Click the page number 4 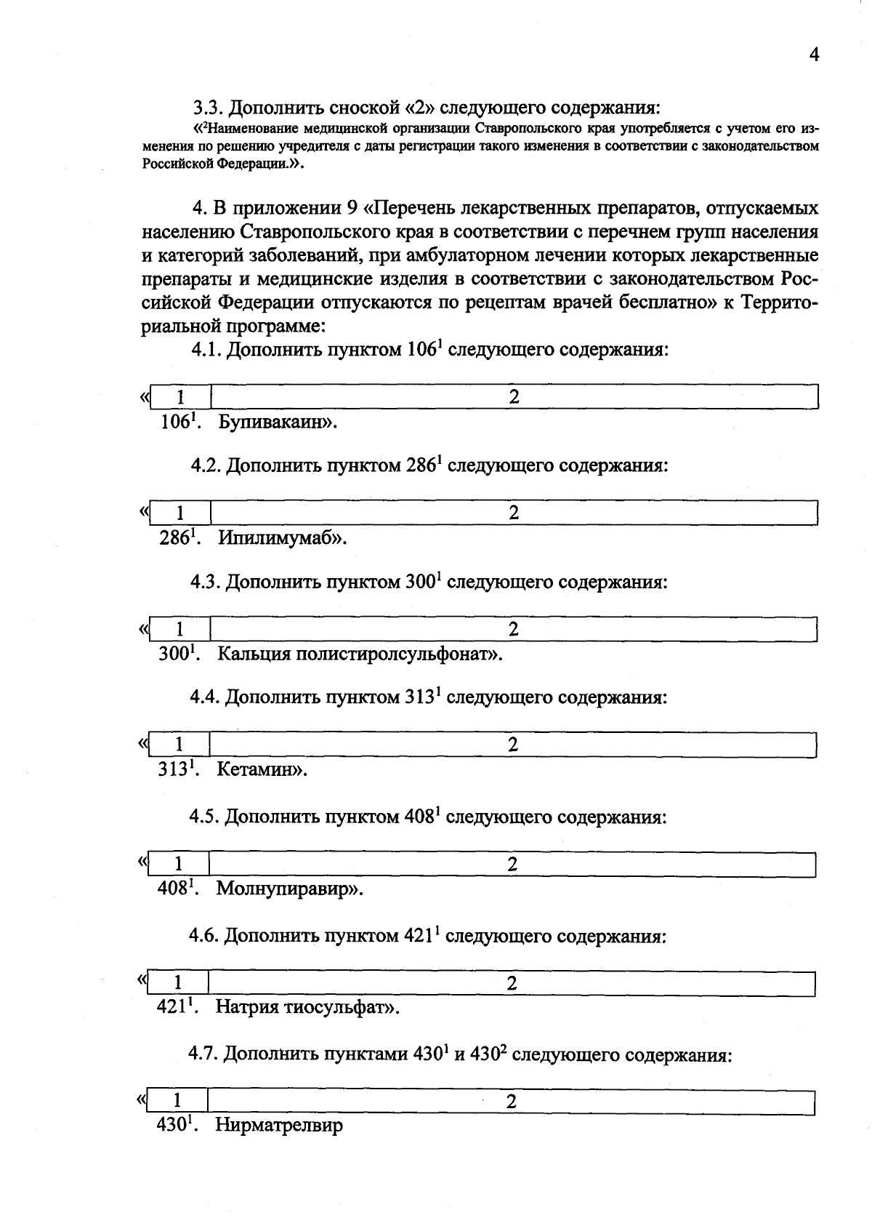coord(814,55)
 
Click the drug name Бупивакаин coord(275,422)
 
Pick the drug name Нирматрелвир coord(279,1126)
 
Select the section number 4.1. coord(206,350)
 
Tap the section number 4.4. coord(205,698)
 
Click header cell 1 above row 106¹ coord(180,397)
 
